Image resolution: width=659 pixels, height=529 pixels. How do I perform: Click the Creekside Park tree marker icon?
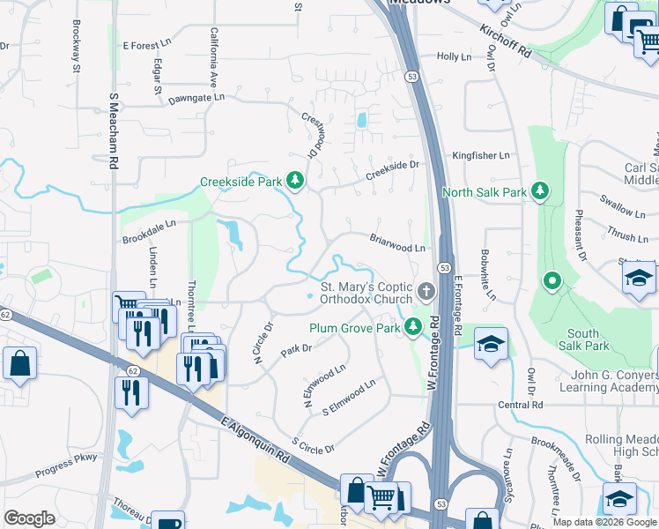point(295,183)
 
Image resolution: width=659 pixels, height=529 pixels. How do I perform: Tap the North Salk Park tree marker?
point(541,191)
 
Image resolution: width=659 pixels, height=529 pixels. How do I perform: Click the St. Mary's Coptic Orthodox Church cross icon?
point(426,291)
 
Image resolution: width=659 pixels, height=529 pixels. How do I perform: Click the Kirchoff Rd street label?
point(506,41)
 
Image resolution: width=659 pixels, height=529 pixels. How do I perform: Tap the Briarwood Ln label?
point(397,242)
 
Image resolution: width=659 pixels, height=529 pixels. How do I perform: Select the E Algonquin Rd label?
point(255,441)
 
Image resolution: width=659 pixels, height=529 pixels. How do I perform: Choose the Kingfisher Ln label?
point(481,156)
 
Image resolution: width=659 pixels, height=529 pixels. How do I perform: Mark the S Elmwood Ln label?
point(349,398)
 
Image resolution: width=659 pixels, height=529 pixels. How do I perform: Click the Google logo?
point(29,518)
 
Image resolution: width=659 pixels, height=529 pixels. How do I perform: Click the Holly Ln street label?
point(455,56)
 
